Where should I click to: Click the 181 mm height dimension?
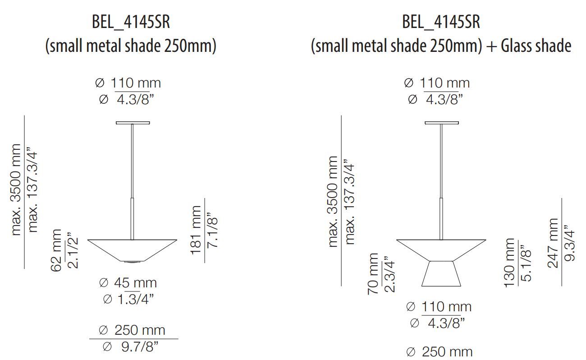click(x=197, y=230)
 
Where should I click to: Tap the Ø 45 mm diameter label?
click(x=128, y=283)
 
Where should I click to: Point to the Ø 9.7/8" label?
click(x=130, y=346)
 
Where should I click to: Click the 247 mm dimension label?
click(x=554, y=243)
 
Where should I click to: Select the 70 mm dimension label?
click(x=373, y=274)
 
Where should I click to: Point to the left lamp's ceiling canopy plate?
click(x=133, y=122)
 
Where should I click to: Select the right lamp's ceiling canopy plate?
click(x=441, y=123)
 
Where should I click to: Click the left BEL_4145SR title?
click(x=131, y=22)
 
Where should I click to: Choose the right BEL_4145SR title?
click(x=441, y=22)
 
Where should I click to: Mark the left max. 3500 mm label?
click(x=16, y=189)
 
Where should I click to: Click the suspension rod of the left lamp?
click(x=133, y=180)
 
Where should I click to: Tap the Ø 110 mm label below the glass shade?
click(x=438, y=307)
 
